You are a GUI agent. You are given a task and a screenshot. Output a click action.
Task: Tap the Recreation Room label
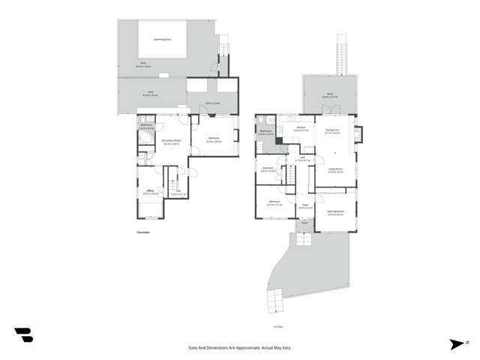point(166,141)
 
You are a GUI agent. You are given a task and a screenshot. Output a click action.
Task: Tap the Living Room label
point(335,169)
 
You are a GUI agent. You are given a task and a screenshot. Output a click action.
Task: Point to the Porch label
point(304,222)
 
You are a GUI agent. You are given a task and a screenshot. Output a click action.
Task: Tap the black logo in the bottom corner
point(23,335)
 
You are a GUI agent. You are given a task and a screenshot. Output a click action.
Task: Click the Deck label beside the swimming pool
point(142,64)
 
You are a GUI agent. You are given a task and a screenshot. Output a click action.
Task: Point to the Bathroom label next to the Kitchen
point(265,132)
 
